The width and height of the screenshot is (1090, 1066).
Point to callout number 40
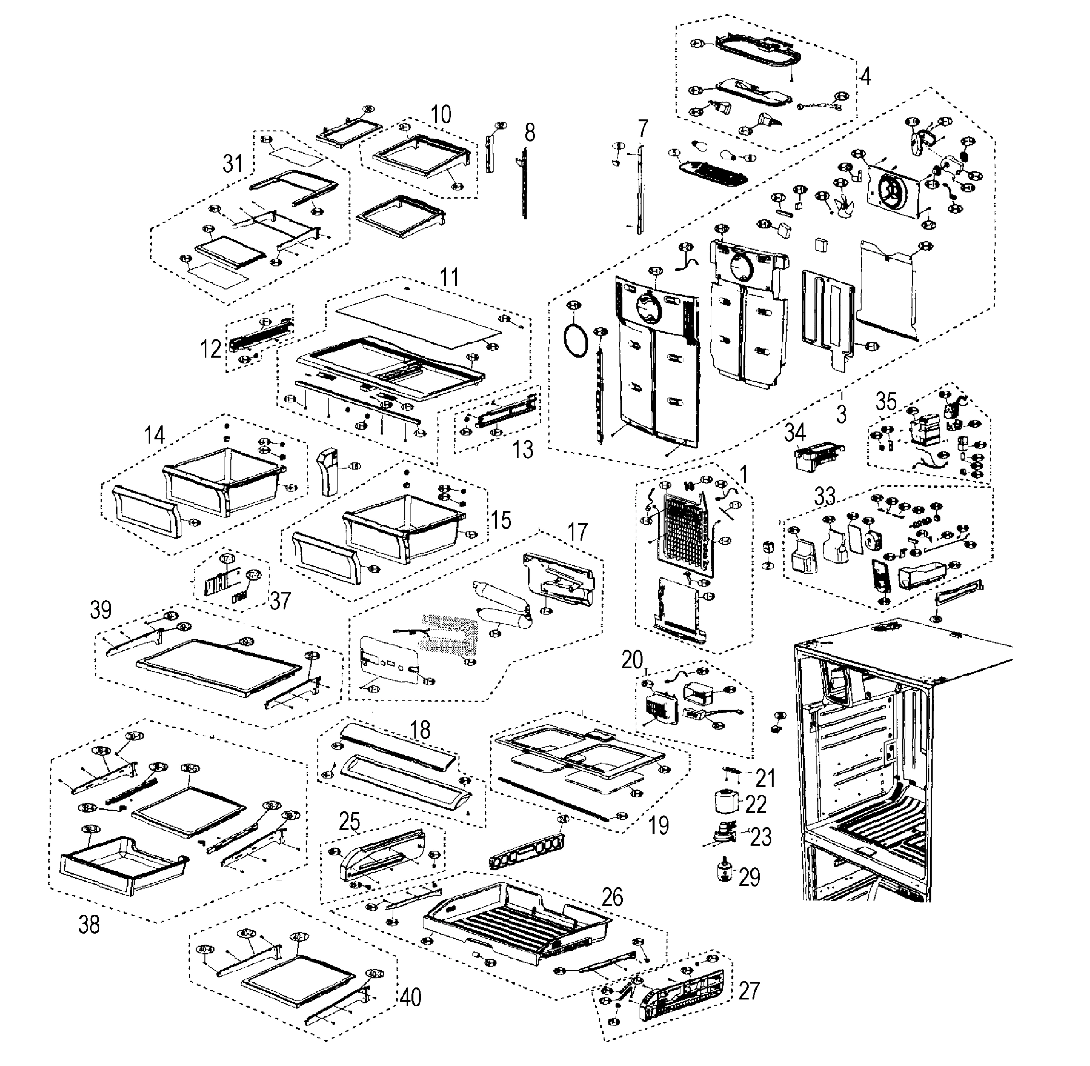411,998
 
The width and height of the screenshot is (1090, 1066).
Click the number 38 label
89,925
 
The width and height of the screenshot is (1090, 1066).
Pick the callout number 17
577,531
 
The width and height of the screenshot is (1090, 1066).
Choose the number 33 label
825,496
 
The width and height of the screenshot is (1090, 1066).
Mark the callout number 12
211,350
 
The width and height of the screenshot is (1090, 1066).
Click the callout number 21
765,777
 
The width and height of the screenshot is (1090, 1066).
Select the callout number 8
530,133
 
